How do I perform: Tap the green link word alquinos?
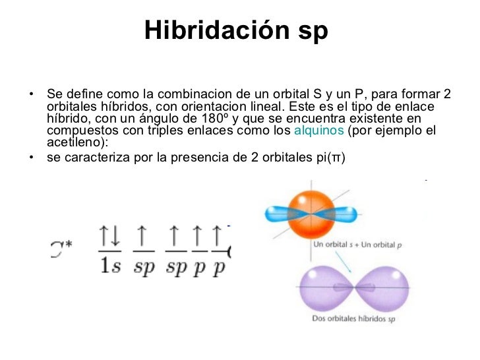click(318, 131)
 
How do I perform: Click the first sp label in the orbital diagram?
click(143, 267)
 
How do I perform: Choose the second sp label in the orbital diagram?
click(176, 267)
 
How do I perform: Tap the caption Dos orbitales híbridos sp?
click(353, 320)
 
